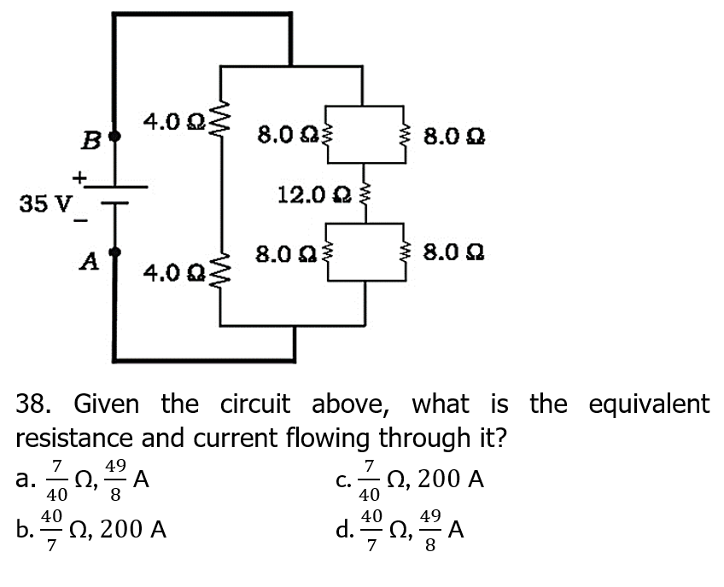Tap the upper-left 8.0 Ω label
click(x=286, y=136)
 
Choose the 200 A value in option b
click(x=133, y=530)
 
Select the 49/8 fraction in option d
click(x=431, y=530)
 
